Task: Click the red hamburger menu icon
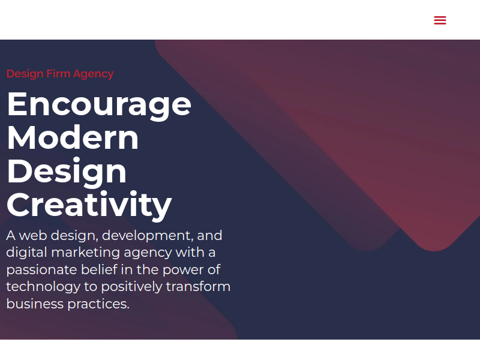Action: tap(440, 20)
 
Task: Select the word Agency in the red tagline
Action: tap(94, 74)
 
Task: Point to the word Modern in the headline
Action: tap(73, 137)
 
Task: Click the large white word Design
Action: tap(67, 172)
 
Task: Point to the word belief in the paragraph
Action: tap(99, 269)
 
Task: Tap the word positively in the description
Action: tap(131, 287)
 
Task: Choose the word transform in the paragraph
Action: tap(198, 287)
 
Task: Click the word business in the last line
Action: tap(35, 304)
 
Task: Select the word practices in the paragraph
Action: tap(98, 305)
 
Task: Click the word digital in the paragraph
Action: tap(26, 253)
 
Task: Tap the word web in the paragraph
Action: tap(33, 235)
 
